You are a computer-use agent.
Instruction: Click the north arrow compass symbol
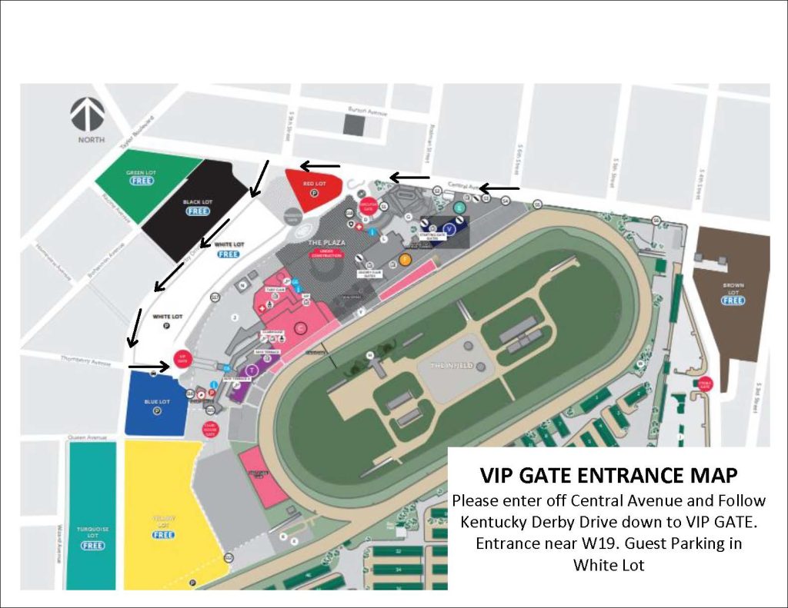click(x=88, y=115)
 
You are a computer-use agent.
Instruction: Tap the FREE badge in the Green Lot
click(x=141, y=181)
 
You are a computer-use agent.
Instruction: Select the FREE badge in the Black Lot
click(x=198, y=211)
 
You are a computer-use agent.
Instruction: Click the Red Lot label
click(x=314, y=184)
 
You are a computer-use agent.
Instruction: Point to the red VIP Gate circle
click(x=183, y=359)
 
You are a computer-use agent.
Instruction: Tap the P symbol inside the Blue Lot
click(x=156, y=411)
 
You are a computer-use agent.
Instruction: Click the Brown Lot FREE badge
click(x=733, y=301)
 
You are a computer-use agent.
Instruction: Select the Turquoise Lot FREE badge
click(x=92, y=546)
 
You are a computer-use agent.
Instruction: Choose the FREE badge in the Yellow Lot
click(x=163, y=535)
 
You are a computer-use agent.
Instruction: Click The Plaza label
click(x=326, y=243)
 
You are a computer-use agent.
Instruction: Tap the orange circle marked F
click(x=405, y=260)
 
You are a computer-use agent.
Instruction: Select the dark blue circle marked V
click(x=450, y=228)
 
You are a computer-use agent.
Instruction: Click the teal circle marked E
click(x=460, y=208)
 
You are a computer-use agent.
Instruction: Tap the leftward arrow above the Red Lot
click(x=319, y=166)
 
